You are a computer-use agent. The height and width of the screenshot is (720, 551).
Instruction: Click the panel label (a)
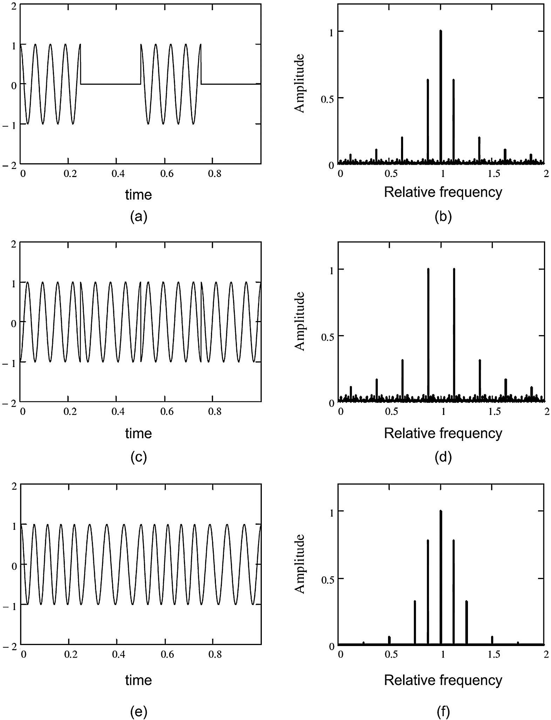point(138,217)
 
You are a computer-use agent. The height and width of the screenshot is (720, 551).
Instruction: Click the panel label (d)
point(443,457)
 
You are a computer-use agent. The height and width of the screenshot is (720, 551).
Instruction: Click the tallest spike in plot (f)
point(441,578)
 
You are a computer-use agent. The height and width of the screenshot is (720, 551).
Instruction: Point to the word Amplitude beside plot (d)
point(299,321)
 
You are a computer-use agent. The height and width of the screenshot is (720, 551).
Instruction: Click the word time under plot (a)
point(138,195)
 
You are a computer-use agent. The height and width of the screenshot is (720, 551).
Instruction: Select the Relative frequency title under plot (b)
point(443,192)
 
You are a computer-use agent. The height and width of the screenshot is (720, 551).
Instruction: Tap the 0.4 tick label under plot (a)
point(118,174)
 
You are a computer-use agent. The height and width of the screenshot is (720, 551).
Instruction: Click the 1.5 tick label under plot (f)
point(494,654)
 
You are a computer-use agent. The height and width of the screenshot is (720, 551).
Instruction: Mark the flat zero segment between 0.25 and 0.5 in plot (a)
point(110,84)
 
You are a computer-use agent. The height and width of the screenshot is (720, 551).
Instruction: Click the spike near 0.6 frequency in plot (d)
point(402,380)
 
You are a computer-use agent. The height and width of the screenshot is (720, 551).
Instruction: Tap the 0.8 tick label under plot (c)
point(215,412)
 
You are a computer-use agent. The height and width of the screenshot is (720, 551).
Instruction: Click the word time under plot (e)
point(138,680)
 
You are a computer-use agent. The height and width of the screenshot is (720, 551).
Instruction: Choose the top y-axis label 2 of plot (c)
point(14,244)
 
